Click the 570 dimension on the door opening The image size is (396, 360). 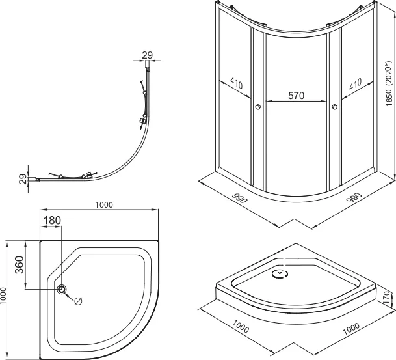tap(297, 96)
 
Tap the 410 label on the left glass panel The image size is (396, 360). tap(237, 83)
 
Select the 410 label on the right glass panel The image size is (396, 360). tap(355, 84)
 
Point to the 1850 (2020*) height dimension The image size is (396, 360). tap(389, 84)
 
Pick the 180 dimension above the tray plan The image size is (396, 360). tap(52, 221)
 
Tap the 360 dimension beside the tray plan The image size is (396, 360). tap(20, 265)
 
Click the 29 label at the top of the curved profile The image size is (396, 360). tap(147, 55)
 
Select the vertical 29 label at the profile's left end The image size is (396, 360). tap(23, 179)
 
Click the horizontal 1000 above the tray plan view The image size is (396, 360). tap(104, 205)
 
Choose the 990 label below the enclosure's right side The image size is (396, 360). tap(354, 198)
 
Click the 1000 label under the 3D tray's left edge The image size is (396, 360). tap(241, 326)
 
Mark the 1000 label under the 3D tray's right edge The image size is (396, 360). tap(351, 329)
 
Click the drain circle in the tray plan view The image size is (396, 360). tap(62, 288)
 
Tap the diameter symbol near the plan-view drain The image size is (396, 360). tap(78, 301)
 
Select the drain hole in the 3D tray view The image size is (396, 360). tap(280, 274)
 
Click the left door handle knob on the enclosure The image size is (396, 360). tap(257, 107)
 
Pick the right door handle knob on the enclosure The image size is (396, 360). tap(335, 107)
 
